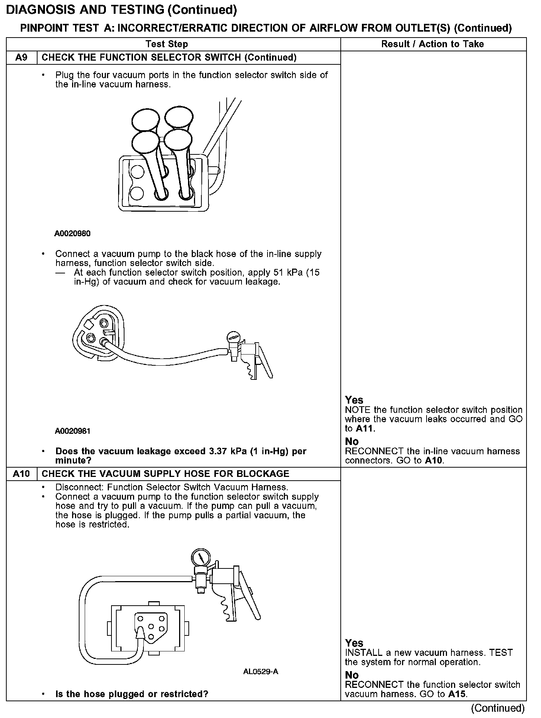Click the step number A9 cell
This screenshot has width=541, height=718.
[22, 58]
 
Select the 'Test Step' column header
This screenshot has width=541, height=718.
[167, 44]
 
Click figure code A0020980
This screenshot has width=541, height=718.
[72, 234]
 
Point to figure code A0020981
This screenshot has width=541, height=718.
[72, 431]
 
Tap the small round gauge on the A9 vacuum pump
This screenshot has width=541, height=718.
[234, 337]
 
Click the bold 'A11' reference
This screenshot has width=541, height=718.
[365, 429]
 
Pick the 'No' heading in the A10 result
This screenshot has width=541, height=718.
[352, 675]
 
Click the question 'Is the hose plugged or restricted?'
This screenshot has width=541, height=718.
[132, 694]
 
